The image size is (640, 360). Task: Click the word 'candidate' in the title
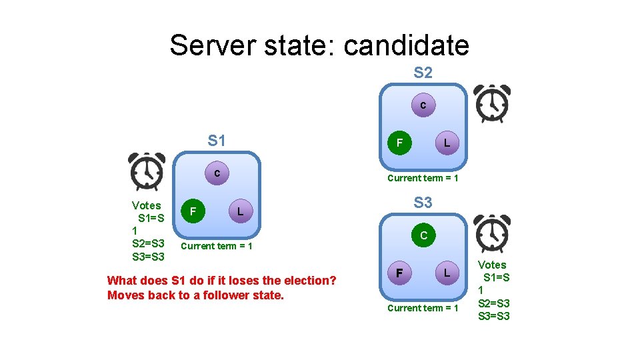[406, 45]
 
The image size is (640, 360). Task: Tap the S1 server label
[217, 141]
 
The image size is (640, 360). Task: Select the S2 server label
[423, 73]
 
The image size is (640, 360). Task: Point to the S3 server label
[423, 202]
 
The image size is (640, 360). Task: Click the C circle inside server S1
[217, 173]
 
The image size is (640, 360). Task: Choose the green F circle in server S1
[193, 212]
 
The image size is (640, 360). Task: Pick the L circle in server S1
[241, 212]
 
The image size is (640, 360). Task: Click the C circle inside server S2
[423, 105]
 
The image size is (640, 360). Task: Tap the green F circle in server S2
[399, 143]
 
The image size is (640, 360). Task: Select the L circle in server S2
[447, 143]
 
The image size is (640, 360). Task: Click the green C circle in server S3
[423, 235]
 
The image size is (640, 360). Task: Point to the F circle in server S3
[399, 273]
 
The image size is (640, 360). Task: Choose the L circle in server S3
[447, 273]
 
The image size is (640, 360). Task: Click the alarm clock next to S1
[147, 171]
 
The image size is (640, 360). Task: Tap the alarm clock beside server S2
[492, 103]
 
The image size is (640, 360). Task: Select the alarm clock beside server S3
[492, 233]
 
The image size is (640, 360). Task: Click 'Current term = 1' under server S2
[423, 178]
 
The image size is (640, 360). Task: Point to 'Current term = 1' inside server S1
[217, 247]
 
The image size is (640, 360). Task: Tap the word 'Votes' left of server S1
[147, 205]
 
